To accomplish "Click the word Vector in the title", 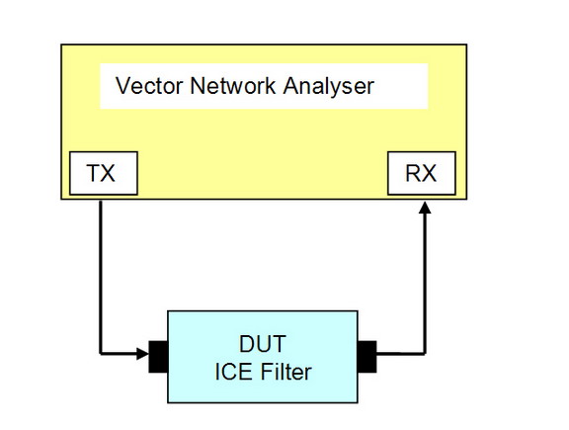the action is [x=149, y=86].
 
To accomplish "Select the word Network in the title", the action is [x=233, y=86].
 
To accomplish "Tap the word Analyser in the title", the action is [x=328, y=87].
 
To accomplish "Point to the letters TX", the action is [x=101, y=173].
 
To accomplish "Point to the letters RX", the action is [x=421, y=173].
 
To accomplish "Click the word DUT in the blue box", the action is [x=263, y=344].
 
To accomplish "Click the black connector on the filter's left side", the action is [x=158, y=357].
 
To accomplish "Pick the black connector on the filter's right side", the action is [x=367, y=357].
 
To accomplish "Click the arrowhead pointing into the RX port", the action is [x=425, y=208].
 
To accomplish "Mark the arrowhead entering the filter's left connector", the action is [x=142, y=353].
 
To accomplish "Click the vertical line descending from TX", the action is [x=101, y=277].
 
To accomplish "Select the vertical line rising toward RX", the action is [x=425, y=284].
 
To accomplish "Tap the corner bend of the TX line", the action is [x=101, y=353].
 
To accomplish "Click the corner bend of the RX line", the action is [x=425, y=353].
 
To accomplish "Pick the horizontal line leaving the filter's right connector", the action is [x=401, y=353].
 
